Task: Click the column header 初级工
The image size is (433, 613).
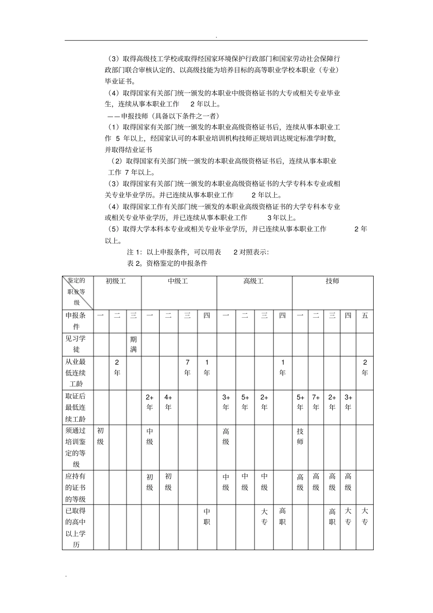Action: (x=116, y=281)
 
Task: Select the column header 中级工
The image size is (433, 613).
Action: (x=178, y=281)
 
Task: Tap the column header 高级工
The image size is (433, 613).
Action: (x=253, y=281)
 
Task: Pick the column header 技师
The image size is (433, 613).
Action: (x=332, y=281)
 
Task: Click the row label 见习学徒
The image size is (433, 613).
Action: (x=77, y=344)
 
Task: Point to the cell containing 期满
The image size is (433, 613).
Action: (x=133, y=344)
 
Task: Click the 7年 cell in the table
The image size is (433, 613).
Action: (x=187, y=367)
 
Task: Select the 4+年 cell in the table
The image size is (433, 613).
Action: (x=168, y=402)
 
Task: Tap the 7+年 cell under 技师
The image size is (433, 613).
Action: (x=316, y=402)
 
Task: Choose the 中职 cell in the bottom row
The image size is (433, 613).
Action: (x=207, y=517)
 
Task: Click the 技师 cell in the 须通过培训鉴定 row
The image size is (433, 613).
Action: (x=300, y=436)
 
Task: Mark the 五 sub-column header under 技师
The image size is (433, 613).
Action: (x=365, y=315)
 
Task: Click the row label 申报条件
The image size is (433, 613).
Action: (x=77, y=321)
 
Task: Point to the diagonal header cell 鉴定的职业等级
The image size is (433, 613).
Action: (x=77, y=292)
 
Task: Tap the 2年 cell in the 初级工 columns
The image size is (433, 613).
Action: (x=117, y=367)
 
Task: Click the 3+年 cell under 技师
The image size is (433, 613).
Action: (x=348, y=402)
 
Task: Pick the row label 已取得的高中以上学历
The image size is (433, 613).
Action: (x=77, y=528)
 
